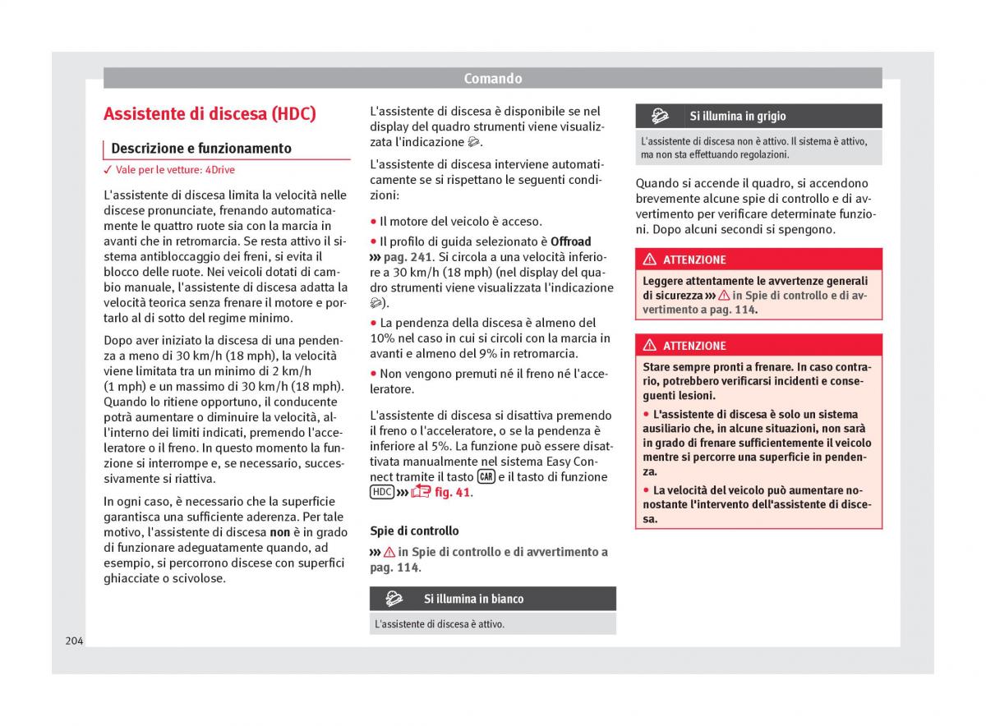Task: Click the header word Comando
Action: [492, 79]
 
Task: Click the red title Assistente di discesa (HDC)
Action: [210, 114]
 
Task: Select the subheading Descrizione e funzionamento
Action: [201, 149]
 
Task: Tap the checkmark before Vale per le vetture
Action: [108, 170]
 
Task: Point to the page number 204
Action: [74, 640]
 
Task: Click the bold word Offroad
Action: [570, 241]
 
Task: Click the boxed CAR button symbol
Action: [486, 477]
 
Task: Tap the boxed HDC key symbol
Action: [382, 493]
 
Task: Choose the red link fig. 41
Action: [453, 493]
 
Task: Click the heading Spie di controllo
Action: [414, 531]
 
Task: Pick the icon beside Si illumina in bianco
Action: [394, 599]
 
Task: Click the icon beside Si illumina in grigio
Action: [659, 116]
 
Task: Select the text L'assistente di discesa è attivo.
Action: [440, 624]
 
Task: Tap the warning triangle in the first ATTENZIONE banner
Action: [650, 260]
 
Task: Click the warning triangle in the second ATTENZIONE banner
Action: [650, 346]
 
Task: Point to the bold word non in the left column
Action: [279, 532]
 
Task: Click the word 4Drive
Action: [219, 170]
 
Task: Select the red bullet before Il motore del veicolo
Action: [373, 222]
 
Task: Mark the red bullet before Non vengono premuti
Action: [373, 374]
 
